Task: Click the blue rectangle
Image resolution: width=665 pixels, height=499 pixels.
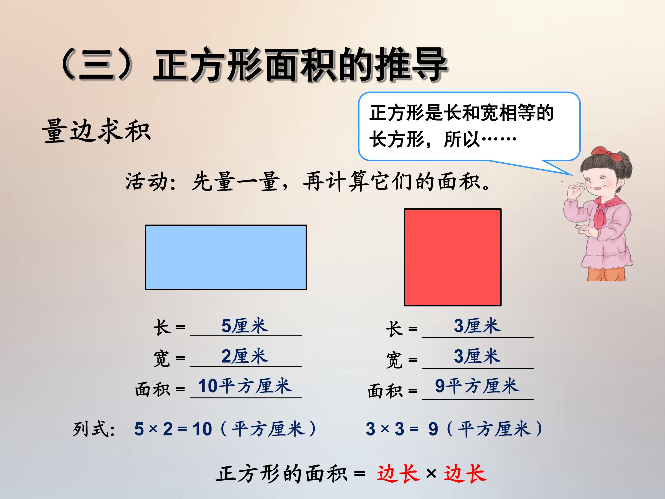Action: pos(226,257)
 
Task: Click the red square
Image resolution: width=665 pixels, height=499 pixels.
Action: pos(452,257)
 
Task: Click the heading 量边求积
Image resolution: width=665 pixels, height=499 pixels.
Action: pos(96,131)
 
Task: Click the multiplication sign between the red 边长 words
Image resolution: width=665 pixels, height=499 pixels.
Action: pos(431,474)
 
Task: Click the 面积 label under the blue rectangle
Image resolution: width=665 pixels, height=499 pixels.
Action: pos(152,389)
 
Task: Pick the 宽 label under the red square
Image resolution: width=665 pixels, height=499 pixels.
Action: pos(394,360)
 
